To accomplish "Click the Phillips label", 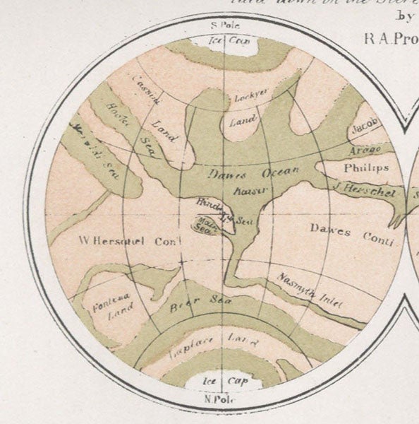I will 365,168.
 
